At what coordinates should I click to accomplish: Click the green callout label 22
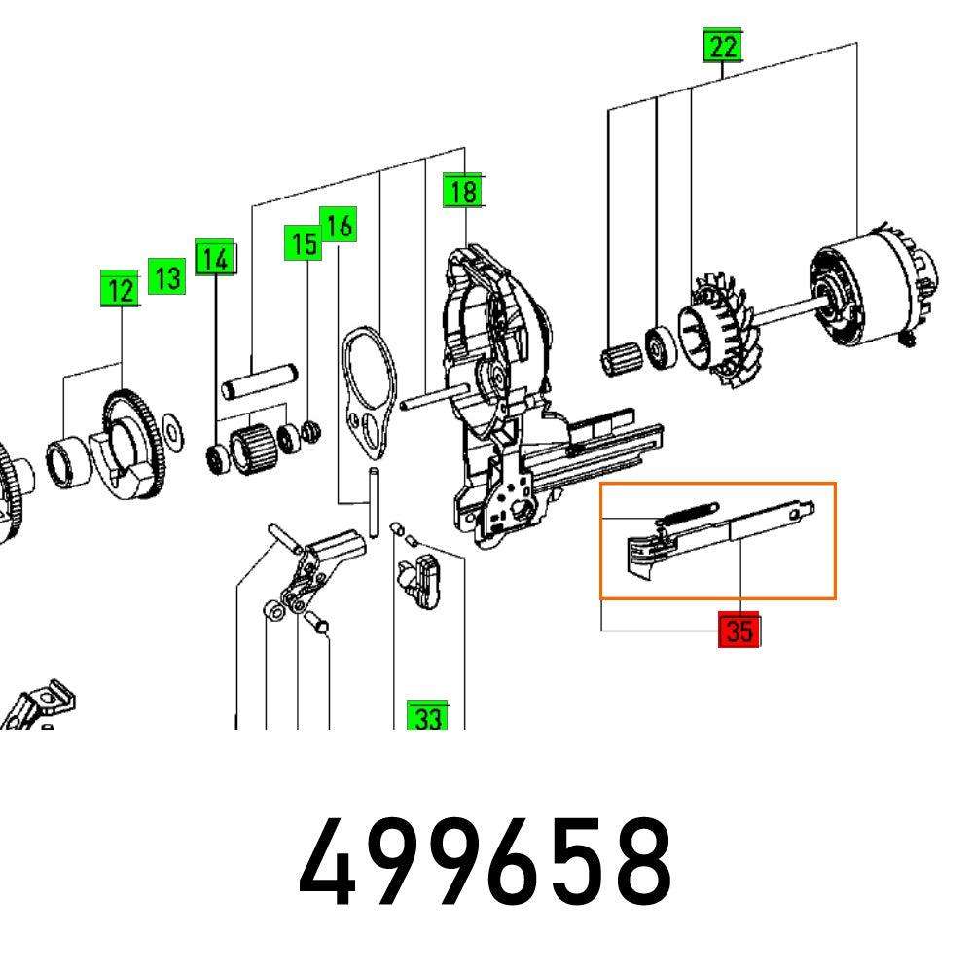point(722,47)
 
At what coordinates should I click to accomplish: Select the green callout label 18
point(462,191)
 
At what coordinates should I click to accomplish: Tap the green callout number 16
point(338,226)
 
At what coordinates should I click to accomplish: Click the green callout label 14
point(215,258)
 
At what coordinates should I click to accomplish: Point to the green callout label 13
point(166,277)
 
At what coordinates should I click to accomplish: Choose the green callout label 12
point(121,290)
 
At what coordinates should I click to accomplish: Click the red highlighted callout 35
point(739,631)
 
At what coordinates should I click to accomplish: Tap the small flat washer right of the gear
point(172,425)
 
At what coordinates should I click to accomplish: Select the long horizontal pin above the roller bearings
point(258,378)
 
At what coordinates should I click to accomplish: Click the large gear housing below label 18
point(496,389)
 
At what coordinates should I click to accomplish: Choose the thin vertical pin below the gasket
point(373,501)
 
